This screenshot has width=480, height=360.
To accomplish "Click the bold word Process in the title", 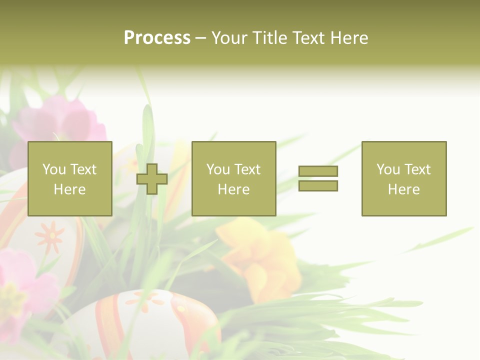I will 157,38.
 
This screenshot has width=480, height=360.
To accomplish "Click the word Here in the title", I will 349,38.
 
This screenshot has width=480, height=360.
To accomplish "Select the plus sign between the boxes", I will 152,179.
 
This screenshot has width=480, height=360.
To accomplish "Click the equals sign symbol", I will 318,178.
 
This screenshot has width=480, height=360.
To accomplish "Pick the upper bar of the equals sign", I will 318,171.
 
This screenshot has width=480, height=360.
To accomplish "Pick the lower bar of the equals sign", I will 318,185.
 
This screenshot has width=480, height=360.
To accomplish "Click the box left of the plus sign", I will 69,178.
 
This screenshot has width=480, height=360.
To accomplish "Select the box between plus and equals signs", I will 233,178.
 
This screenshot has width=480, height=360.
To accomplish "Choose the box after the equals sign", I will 404,178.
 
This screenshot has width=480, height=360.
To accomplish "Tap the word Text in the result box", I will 418,169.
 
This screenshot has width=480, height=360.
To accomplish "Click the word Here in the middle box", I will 233,189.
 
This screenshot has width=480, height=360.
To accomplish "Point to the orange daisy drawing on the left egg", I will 49,236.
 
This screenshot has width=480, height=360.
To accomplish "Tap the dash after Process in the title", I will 201,38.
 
